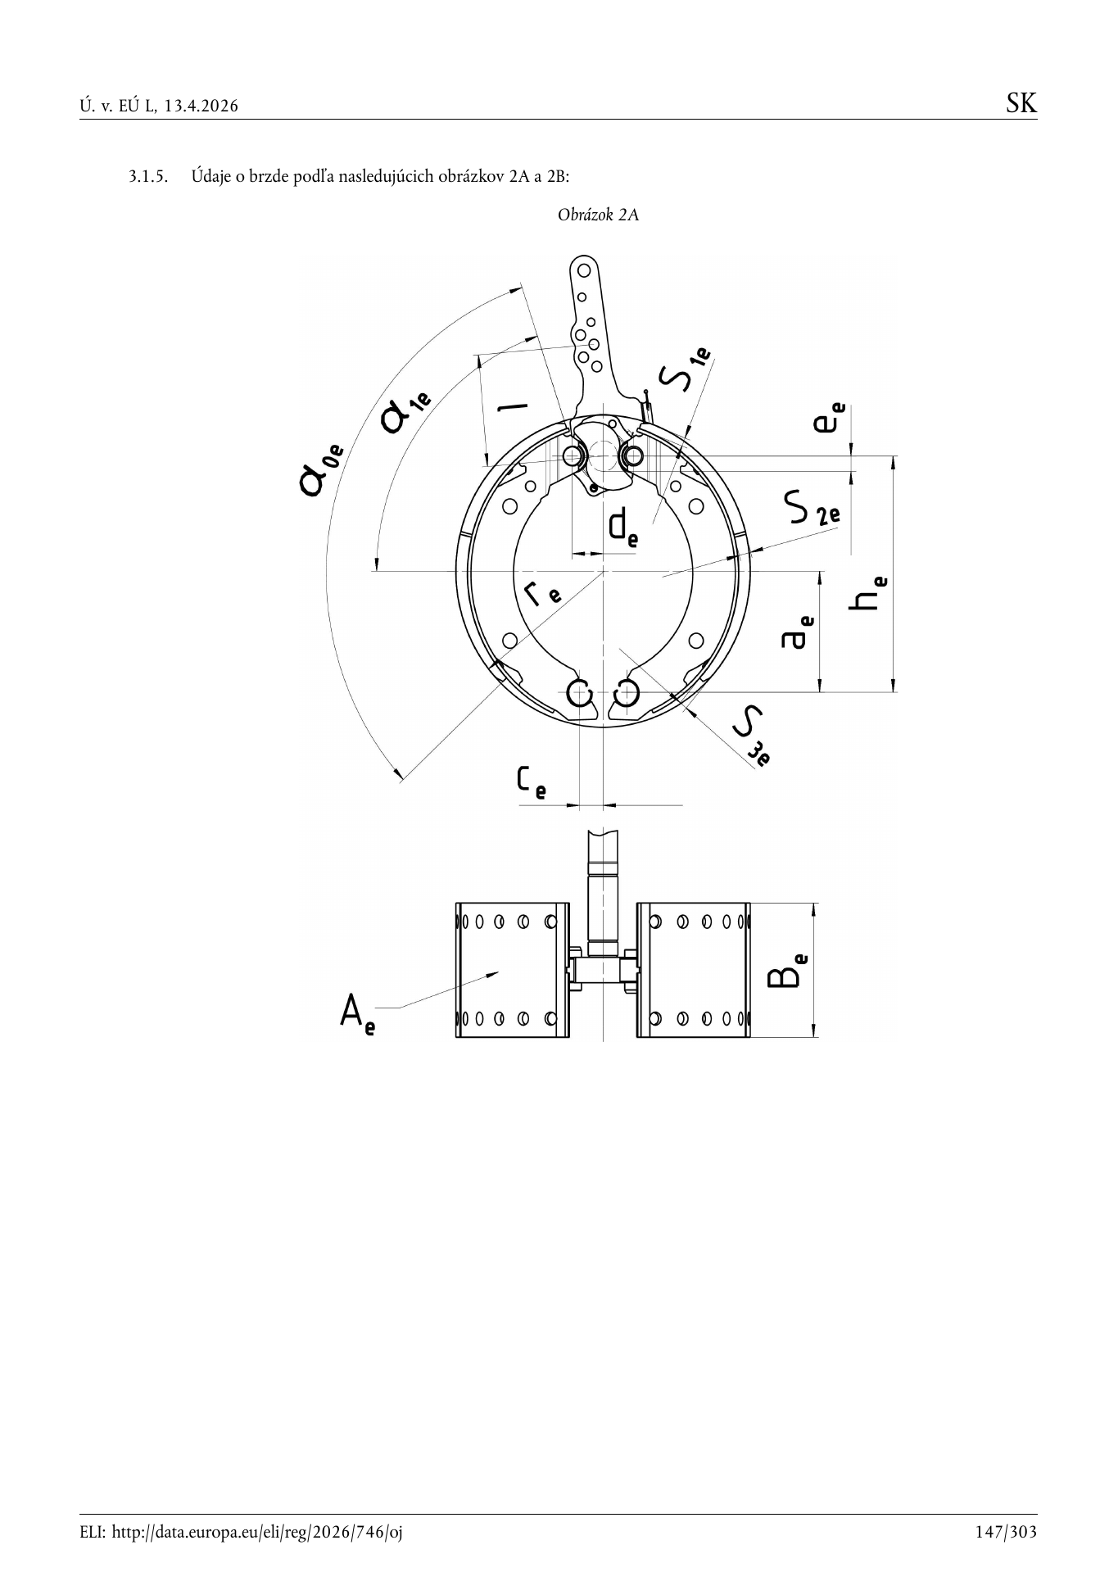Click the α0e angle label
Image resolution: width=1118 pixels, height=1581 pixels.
pyautogui.click(x=321, y=469)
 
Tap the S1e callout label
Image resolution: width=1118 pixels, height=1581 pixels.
pyautogui.click(x=686, y=370)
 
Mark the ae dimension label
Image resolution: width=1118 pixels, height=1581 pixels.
pyautogui.click(x=798, y=632)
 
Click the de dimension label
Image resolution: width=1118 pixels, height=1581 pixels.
pyautogui.click(x=623, y=527)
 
